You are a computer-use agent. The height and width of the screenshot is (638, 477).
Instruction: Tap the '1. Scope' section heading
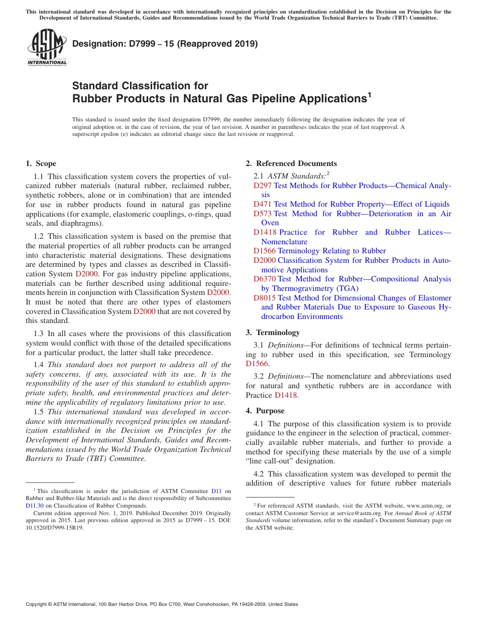click(41, 164)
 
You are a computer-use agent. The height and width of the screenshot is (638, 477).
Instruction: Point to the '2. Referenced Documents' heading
click(291, 164)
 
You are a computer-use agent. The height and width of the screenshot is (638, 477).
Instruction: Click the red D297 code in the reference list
click(263, 186)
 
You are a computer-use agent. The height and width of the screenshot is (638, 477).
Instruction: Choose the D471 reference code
click(263, 204)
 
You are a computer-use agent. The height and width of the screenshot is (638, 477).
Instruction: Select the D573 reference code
click(263, 214)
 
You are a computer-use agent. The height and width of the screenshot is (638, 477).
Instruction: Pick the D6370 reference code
click(265, 279)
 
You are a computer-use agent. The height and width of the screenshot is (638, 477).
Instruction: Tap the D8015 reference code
click(265, 298)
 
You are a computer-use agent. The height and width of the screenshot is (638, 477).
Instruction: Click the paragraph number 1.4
click(39, 365)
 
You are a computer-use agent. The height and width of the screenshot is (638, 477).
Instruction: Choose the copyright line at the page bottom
click(162, 604)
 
